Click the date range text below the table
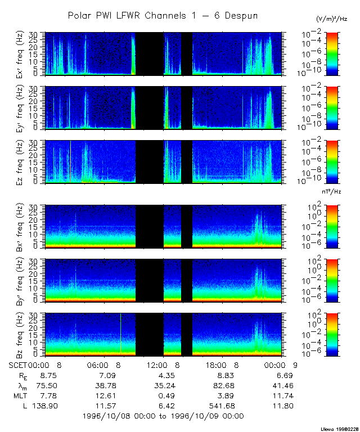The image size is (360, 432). tap(163, 416)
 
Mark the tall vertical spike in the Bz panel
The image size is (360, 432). tap(120, 335)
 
